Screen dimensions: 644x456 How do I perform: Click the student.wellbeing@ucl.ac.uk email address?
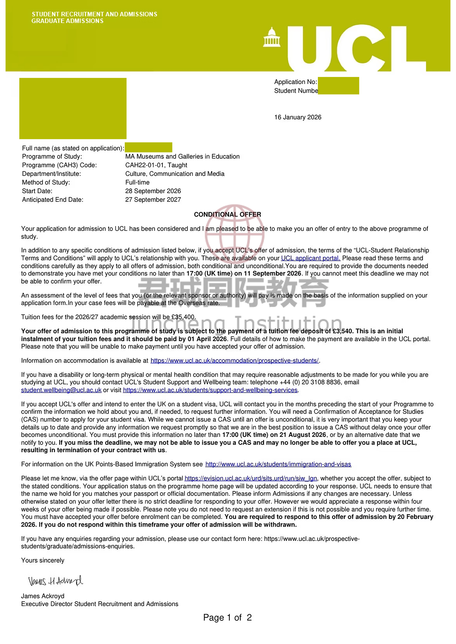61,390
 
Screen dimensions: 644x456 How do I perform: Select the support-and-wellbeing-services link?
210,390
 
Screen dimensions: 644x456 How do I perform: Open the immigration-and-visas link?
278,464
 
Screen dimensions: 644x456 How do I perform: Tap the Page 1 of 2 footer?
227,618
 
